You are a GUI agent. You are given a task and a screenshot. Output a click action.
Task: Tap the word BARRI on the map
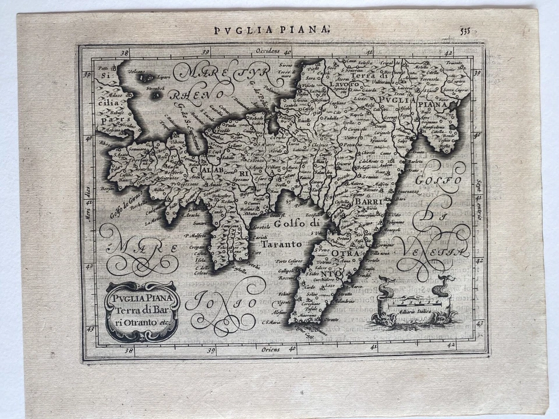pos(367,202)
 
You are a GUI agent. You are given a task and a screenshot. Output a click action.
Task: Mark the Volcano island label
pos(136,72)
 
